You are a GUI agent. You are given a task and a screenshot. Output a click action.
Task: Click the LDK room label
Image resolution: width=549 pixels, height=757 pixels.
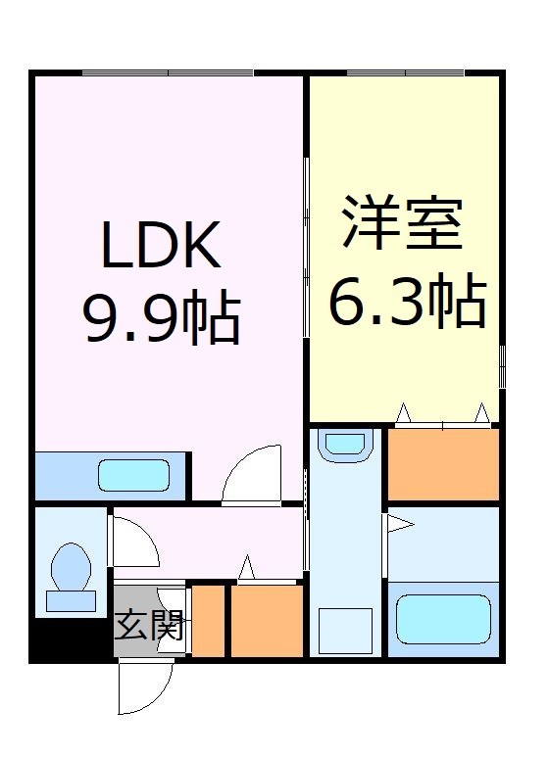click(163, 249)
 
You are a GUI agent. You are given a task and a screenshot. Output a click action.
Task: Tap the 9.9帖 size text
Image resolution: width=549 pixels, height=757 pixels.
click(163, 315)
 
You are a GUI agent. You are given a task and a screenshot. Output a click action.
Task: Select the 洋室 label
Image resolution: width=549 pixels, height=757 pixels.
click(403, 225)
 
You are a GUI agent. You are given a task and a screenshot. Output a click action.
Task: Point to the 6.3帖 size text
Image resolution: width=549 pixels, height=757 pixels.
click(406, 302)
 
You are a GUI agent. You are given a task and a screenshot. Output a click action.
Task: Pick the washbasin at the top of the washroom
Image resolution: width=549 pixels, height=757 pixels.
click(344, 445)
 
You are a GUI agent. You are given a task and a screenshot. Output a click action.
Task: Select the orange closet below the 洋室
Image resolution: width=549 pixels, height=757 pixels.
click(444, 464)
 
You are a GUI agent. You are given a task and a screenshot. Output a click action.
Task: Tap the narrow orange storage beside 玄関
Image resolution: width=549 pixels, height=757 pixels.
click(208, 621)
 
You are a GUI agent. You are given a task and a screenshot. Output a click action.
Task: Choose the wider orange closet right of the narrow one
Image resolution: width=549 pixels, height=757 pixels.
click(267, 621)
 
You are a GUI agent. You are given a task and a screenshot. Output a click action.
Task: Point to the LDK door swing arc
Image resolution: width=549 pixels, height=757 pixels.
click(254, 474)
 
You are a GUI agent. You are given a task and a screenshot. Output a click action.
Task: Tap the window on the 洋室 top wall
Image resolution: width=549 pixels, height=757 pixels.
click(405, 72)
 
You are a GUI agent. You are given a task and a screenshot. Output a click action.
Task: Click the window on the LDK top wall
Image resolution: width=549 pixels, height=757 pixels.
click(168, 72)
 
